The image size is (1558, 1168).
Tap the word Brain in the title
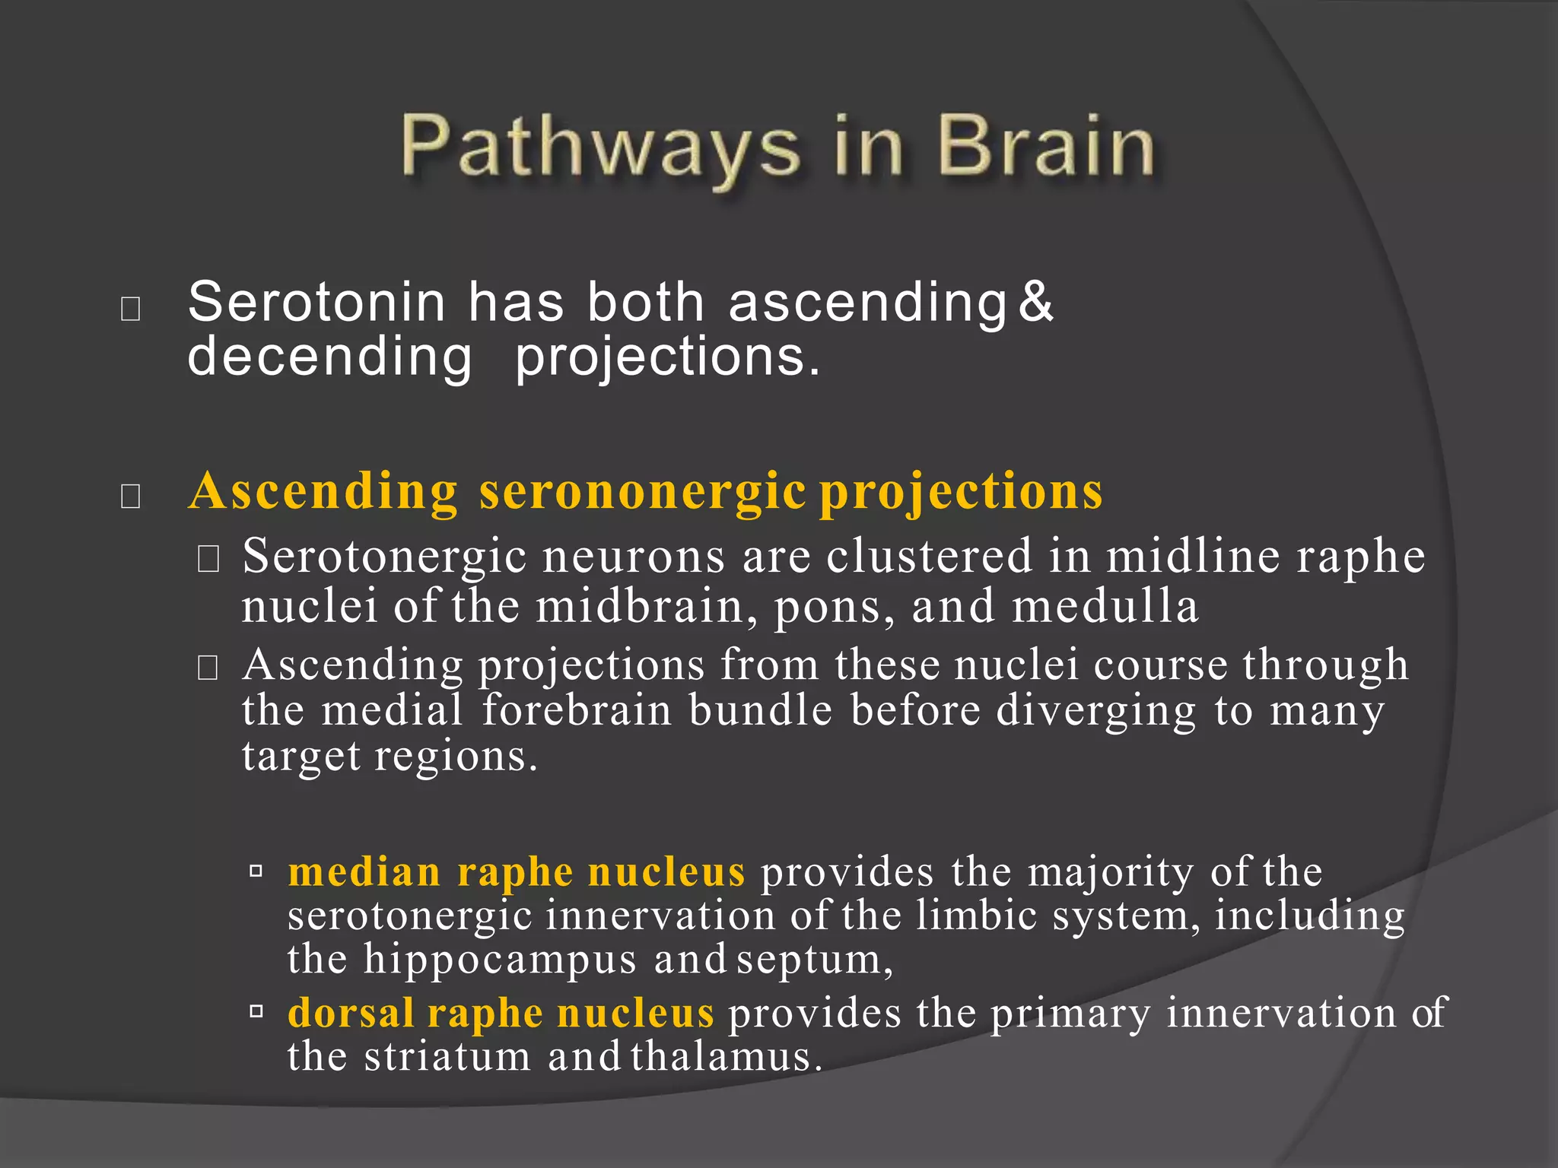click(x=1046, y=146)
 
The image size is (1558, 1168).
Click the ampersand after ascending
click(x=1036, y=301)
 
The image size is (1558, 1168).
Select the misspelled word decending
click(x=329, y=357)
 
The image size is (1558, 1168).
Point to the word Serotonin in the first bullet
click(x=316, y=303)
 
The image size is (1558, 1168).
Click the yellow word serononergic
click(x=642, y=491)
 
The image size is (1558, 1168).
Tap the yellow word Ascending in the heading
click(x=323, y=491)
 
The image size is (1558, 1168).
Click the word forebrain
click(x=577, y=710)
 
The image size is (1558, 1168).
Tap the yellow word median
click(x=364, y=871)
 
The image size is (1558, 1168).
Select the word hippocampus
click(x=500, y=960)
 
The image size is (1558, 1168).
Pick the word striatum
click(x=447, y=1057)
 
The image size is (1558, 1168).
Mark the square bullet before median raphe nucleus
click(x=256, y=871)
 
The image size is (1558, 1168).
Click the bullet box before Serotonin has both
click(x=131, y=309)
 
